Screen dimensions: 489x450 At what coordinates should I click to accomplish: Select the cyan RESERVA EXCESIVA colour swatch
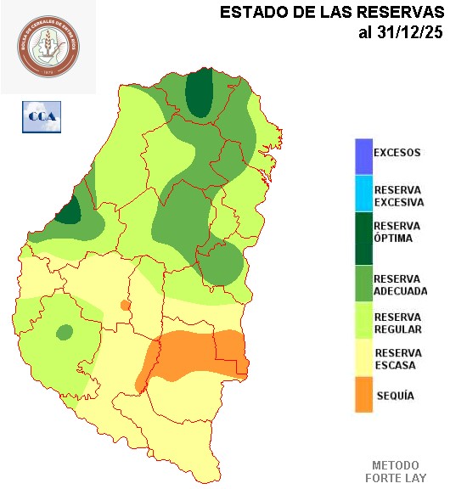tap(363, 194)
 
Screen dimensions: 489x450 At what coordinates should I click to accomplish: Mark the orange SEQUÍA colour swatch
tap(363, 395)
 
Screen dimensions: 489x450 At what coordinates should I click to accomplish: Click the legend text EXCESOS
tap(397, 153)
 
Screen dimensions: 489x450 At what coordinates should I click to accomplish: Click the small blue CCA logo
tap(41, 116)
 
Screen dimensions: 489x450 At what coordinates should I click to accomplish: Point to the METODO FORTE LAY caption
tap(395, 472)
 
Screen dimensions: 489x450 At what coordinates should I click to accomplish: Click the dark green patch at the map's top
tap(200, 92)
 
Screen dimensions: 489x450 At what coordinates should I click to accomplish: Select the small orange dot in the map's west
tap(126, 305)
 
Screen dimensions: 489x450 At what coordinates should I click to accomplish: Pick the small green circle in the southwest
tap(64, 332)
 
